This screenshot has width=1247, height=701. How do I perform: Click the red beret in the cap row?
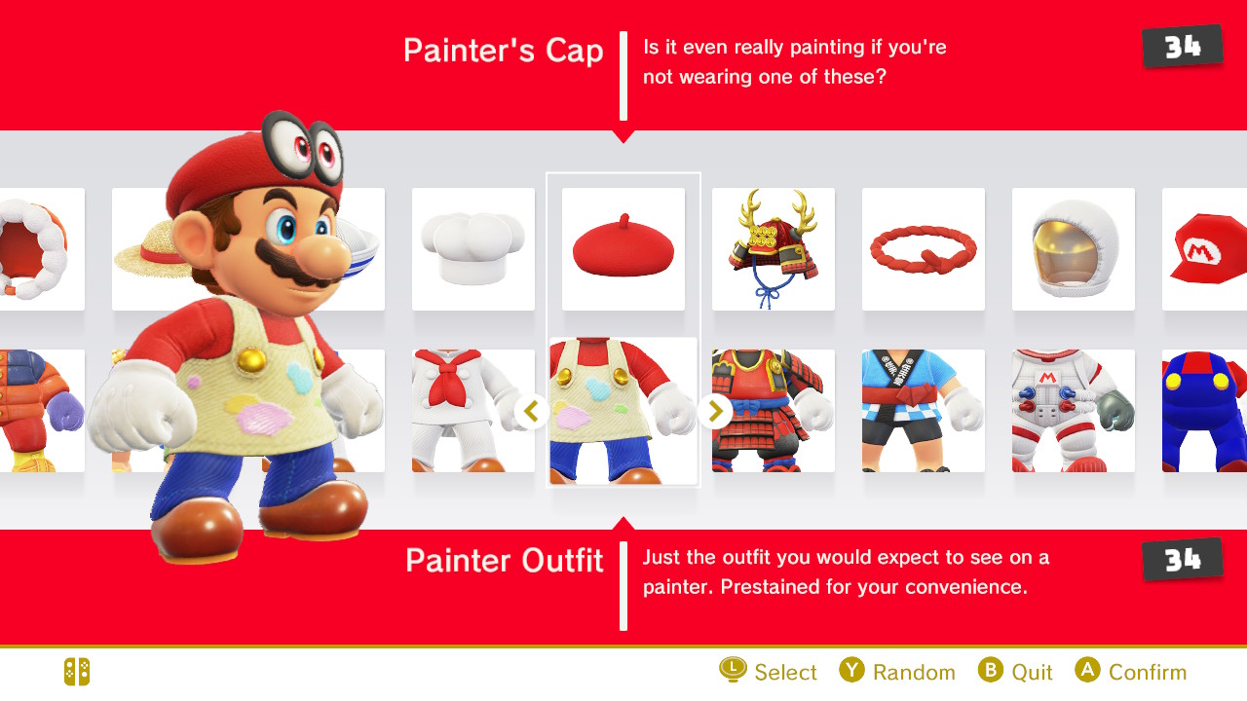[x=623, y=248]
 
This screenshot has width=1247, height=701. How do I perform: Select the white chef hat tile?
[x=473, y=248]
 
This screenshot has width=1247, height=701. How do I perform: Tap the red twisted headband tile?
[x=924, y=248]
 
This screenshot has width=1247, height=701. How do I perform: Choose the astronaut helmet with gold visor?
[x=1074, y=248]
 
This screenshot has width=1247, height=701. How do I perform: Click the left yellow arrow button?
[x=532, y=412]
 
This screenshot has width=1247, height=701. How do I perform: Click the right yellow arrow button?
[x=715, y=412]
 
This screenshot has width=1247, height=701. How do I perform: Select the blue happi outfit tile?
[x=924, y=411]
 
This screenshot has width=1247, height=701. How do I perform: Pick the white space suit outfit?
[x=1074, y=411]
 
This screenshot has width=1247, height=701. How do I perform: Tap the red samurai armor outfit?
[x=774, y=411]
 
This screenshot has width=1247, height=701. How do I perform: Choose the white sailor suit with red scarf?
[x=473, y=411]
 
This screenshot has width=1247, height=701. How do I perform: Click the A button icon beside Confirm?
[x=1087, y=669]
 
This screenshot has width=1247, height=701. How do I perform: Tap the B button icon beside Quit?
[x=991, y=669]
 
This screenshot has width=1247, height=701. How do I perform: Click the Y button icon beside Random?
[x=851, y=669]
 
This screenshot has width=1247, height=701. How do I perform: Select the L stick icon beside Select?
[x=733, y=669]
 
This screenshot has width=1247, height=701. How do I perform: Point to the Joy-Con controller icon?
[x=77, y=672]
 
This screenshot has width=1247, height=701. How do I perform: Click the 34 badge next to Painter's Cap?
[x=1183, y=46]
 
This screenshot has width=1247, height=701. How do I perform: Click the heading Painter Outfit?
[x=505, y=560]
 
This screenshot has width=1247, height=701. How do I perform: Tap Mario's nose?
[x=322, y=257]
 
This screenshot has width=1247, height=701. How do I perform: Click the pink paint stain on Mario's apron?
[x=264, y=418]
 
